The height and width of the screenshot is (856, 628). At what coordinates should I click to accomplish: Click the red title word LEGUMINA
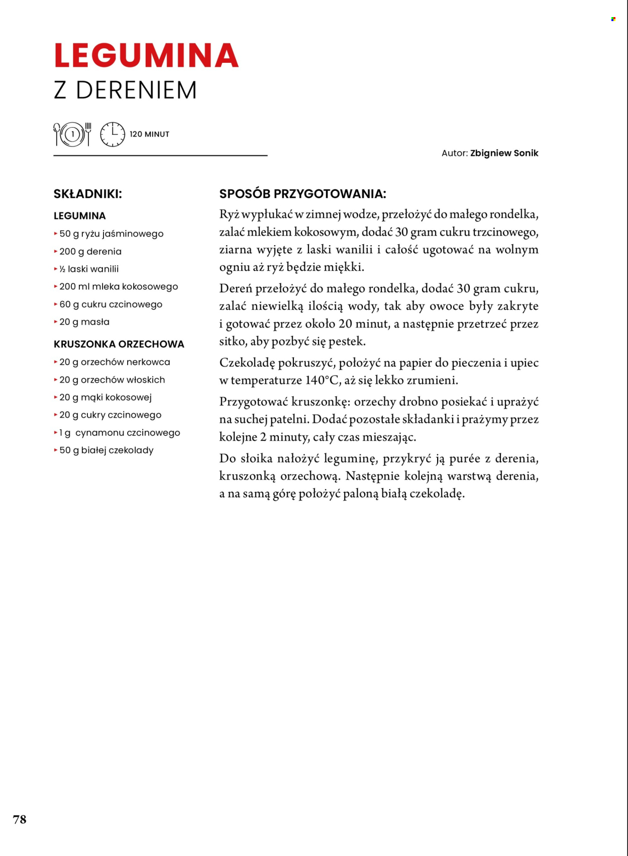click(146, 56)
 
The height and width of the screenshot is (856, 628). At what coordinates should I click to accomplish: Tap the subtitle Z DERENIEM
click(125, 90)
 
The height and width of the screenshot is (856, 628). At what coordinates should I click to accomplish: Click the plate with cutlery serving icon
click(72, 134)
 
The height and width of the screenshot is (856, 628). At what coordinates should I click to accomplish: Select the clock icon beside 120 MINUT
click(113, 134)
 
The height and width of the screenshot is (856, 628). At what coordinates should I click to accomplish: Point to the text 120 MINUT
click(149, 134)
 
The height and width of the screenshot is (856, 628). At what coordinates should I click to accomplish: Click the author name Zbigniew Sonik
click(504, 153)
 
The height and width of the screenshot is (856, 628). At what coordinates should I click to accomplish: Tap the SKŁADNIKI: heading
click(88, 194)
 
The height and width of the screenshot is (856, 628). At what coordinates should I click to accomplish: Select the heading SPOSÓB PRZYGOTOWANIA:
click(302, 194)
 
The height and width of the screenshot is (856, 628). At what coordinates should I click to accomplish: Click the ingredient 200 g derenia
click(90, 251)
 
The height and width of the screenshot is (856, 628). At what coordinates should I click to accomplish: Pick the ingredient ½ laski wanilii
click(89, 269)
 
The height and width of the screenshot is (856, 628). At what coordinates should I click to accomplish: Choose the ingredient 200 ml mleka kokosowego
click(119, 286)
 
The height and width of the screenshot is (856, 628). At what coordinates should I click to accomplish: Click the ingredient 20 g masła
click(84, 322)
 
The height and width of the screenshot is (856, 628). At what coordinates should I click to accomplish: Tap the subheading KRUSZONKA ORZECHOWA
click(119, 344)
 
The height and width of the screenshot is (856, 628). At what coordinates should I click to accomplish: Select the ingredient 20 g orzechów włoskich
click(112, 380)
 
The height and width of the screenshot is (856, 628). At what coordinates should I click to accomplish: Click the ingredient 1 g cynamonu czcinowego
click(120, 433)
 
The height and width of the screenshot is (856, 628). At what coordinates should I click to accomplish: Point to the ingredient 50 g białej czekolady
click(107, 450)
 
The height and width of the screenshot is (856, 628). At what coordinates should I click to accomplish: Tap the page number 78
click(20, 819)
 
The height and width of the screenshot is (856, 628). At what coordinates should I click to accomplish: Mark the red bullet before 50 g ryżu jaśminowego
click(56, 234)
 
